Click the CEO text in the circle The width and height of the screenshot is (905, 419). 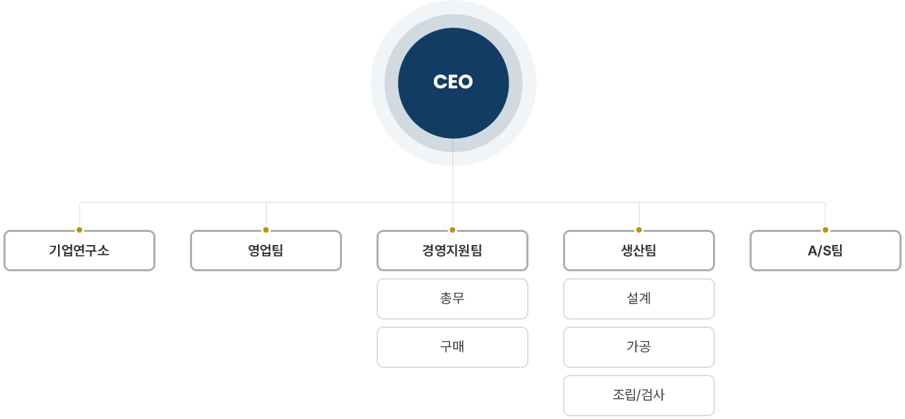click(x=453, y=82)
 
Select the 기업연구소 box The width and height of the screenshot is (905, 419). click(x=79, y=251)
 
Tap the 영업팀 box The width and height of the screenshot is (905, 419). click(x=266, y=251)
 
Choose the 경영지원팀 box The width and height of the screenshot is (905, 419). click(x=452, y=251)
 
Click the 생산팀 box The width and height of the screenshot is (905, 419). click(x=639, y=251)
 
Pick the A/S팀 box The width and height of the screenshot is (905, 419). click(x=826, y=251)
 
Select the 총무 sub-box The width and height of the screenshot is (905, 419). click(x=452, y=299)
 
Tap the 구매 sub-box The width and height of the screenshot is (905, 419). click(x=452, y=347)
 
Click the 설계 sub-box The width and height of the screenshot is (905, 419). click(x=639, y=299)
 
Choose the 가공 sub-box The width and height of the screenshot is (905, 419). click(x=639, y=347)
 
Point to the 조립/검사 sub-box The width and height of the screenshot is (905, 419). click(x=639, y=396)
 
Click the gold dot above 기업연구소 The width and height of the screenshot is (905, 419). click(x=79, y=230)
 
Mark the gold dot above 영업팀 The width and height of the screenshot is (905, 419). click(x=266, y=230)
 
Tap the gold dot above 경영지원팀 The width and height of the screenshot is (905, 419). click(x=452, y=230)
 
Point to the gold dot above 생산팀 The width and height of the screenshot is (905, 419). click(x=639, y=230)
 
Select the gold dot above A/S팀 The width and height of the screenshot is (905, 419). click(x=826, y=230)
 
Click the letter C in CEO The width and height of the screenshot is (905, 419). click(x=439, y=82)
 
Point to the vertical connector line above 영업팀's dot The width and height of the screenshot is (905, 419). click(x=266, y=215)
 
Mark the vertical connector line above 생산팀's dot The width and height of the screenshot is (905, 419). click(x=639, y=215)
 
